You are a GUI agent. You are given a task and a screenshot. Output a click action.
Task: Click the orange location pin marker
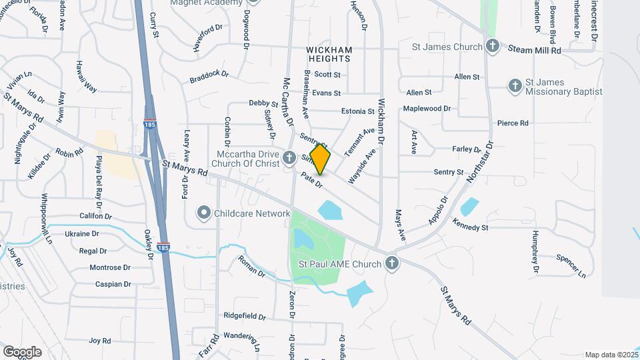(320, 159)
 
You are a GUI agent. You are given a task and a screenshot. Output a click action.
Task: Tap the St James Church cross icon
(492, 47)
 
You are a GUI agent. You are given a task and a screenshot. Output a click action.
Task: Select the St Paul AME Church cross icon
(392, 264)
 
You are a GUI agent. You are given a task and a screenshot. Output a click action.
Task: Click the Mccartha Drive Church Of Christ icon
(289, 158)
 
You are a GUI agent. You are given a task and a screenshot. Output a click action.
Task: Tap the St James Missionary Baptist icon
(514, 86)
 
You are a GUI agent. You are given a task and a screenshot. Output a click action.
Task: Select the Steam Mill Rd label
(535, 50)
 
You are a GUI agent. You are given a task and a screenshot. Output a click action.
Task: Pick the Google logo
(22, 351)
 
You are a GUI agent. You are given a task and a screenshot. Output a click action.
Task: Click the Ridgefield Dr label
(245, 316)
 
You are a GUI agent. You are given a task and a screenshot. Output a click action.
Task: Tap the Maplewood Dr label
(427, 108)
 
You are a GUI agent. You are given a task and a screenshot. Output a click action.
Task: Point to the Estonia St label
(358, 111)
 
